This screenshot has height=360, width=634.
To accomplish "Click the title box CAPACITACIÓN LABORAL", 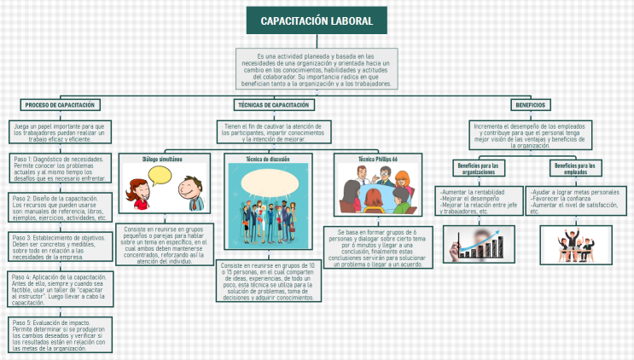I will pos(316,20).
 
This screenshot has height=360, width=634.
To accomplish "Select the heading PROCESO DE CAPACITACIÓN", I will pos(60,104).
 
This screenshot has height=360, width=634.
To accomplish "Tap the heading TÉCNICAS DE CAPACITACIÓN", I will pos(273,104).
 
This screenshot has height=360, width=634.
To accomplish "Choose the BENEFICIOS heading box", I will pos(530,104).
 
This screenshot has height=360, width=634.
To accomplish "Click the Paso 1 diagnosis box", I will pos(60,168).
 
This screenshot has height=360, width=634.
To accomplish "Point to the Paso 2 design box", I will pos(60,207).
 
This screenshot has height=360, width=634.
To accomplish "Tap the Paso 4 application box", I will pos(60,289).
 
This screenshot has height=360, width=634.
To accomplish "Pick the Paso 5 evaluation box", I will pos(60,334).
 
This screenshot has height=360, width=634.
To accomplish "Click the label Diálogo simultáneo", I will pos(162,159).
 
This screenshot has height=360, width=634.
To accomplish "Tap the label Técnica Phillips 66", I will pos(377,159).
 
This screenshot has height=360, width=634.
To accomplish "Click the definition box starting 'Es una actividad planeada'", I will pos(317,68).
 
